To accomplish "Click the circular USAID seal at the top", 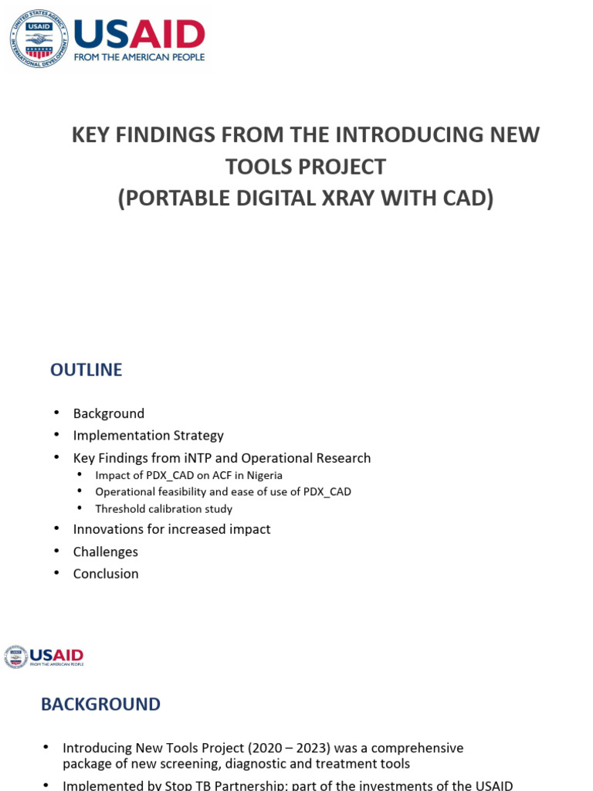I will [x=39, y=39].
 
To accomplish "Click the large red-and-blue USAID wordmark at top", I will [x=139, y=33].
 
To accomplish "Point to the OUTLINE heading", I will [x=86, y=370].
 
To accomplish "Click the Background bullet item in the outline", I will [x=109, y=413].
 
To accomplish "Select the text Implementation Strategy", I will [x=148, y=436].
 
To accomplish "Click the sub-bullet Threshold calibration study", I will [x=164, y=509].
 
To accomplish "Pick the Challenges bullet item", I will [x=106, y=552].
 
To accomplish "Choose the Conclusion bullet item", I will [x=106, y=574].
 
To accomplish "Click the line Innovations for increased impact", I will [x=171, y=529].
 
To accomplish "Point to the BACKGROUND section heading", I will [x=100, y=704].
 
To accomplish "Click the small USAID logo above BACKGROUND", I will [x=44, y=657].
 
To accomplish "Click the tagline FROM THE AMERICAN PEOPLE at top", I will [x=139, y=57].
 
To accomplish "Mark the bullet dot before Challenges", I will [x=56, y=551].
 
